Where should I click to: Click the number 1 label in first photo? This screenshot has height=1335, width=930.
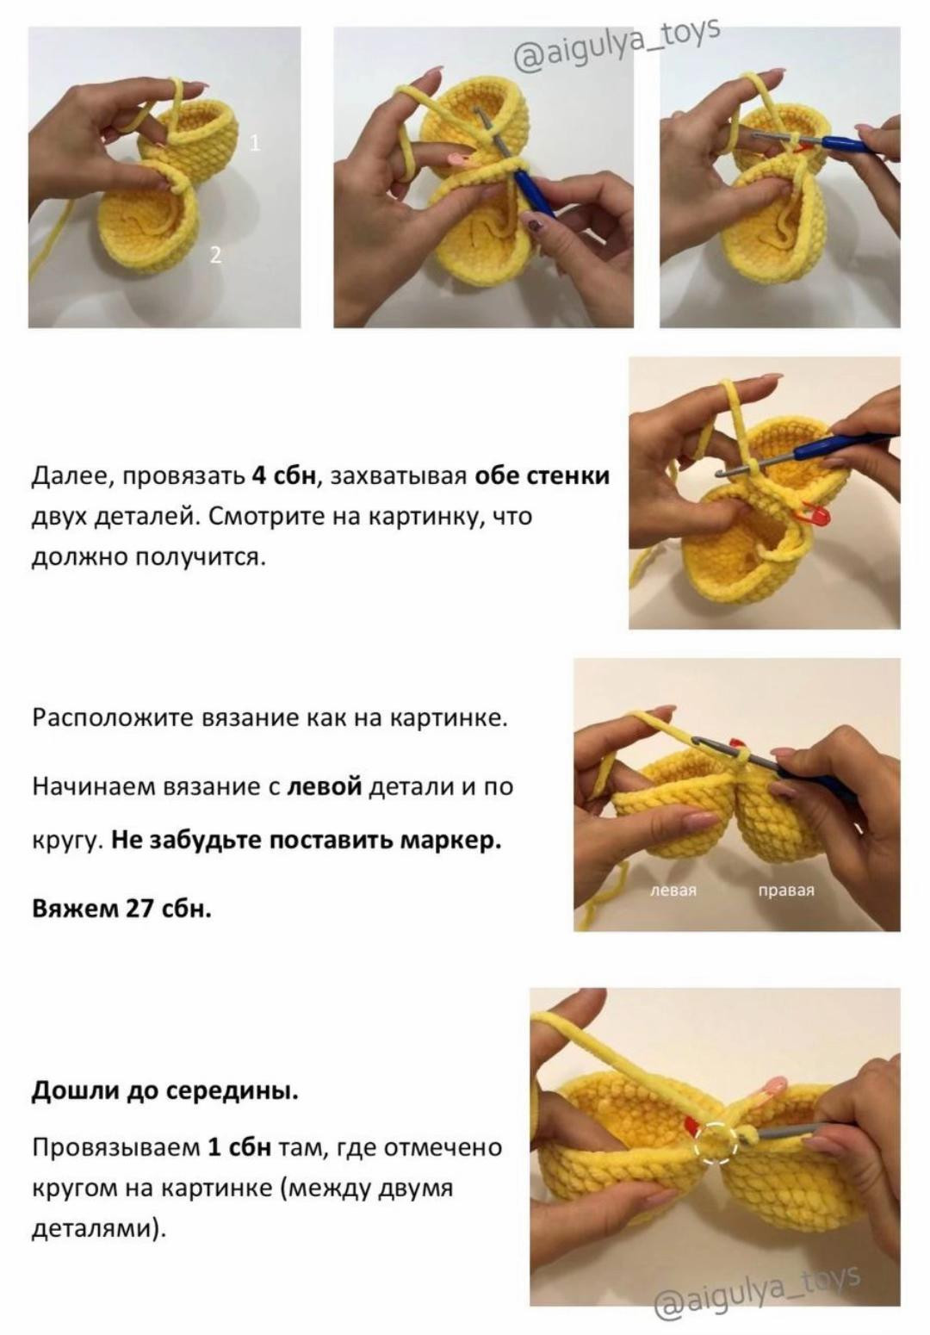(254, 143)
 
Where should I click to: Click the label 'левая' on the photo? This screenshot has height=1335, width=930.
(673, 891)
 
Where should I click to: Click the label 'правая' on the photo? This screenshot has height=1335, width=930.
(785, 891)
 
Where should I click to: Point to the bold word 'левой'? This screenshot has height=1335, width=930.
(324, 786)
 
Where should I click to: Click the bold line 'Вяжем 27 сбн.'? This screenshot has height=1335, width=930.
(121, 909)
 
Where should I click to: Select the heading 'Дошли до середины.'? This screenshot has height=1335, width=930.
(165, 1091)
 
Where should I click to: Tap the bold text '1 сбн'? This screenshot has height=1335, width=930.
(239, 1148)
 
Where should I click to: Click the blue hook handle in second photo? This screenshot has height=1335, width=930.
(535, 195)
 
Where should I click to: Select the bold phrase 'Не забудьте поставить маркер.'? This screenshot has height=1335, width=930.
(306, 840)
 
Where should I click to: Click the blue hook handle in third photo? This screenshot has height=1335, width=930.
(848, 145)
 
